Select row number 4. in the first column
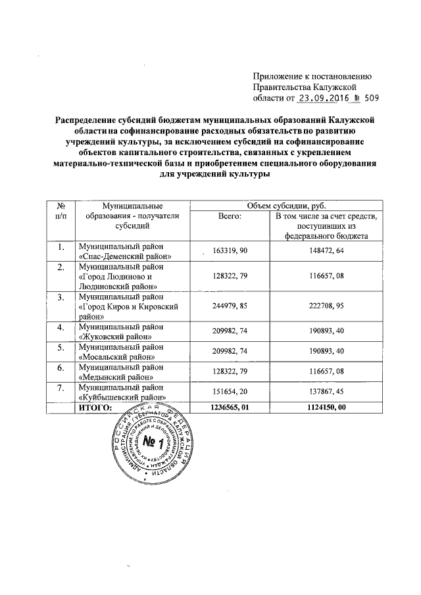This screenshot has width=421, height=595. pyautogui.click(x=61, y=327)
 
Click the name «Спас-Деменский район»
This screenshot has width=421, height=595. pyautogui.click(x=125, y=256)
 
